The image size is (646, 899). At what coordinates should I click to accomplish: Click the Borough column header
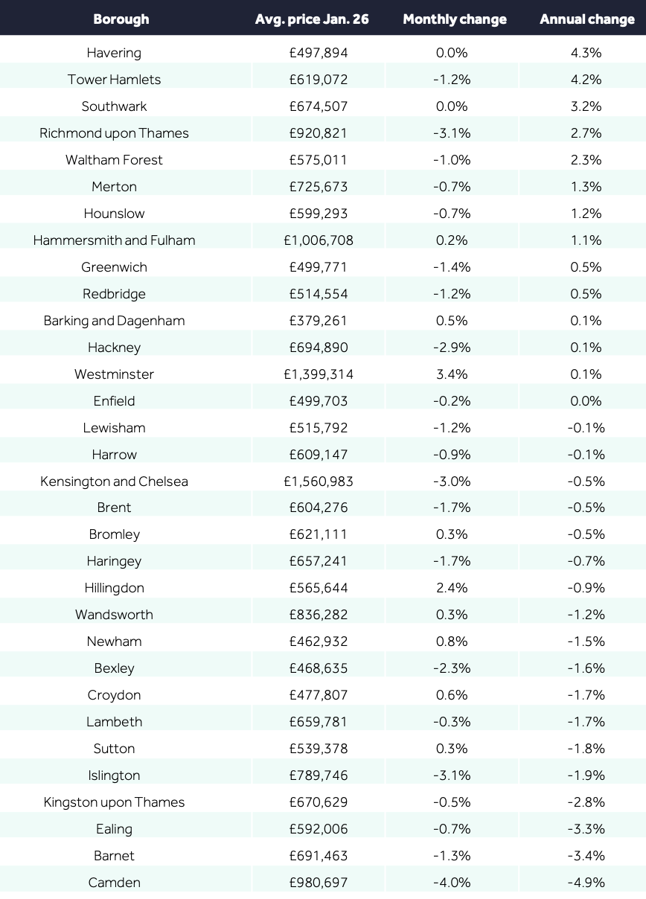tap(121, 19)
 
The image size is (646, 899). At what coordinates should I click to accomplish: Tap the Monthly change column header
tap(455, 19)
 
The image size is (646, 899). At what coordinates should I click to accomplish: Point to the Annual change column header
tap(587, 19)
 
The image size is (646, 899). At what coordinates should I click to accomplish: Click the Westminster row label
tap(114, 374)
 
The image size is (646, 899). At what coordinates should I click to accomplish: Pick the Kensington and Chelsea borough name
tap(114, 481)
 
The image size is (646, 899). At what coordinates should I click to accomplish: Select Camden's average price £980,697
tap(319, 883)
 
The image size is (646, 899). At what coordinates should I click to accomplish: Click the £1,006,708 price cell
tap(319, 240)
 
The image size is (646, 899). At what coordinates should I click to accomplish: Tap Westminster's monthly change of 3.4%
tap(452, 374)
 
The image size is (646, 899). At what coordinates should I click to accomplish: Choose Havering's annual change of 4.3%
tap(586, 52)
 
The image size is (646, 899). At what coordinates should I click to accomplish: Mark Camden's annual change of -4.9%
tap(586, 883)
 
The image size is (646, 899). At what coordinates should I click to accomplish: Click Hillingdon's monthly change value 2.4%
tap(452, 588)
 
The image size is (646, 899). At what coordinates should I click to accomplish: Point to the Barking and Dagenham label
tap(114, 320)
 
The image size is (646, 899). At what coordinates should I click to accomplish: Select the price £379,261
tap(319, 320)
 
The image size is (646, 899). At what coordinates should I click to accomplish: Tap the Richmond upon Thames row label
tap(114, 132)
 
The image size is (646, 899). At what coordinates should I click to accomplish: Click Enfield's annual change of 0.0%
tap(586, 400)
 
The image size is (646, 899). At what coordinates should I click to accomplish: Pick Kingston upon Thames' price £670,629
tap(319, 802)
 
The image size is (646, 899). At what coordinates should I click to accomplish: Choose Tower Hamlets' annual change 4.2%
tap(586, 79)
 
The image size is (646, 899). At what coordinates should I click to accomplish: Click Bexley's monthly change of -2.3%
tap(452, 668)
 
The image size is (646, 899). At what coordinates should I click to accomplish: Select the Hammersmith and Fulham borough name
tap(114, 240)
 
